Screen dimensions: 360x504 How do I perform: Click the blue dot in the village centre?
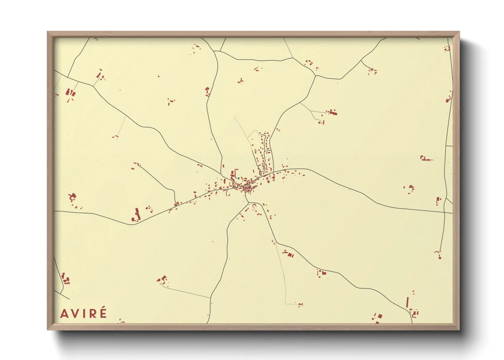pos(239,178)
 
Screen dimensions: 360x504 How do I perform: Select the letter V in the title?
pos(76,314)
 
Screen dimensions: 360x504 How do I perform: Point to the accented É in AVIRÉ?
pos(103,313)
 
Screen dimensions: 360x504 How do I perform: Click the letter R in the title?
pos(93,314)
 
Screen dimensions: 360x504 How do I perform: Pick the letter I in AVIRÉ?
pos(85,314)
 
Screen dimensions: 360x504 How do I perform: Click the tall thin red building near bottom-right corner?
pos(407,302)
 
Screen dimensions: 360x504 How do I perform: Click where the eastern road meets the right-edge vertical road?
pos(445,212)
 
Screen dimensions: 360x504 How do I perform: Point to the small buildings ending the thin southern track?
pos(300,305)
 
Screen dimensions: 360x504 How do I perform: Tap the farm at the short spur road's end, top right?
pos(373,71)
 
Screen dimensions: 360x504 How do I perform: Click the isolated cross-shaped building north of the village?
pos(241,81)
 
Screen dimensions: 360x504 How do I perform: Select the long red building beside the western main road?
pos(138,214)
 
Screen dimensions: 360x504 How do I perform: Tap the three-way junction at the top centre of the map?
pos(215,51)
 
